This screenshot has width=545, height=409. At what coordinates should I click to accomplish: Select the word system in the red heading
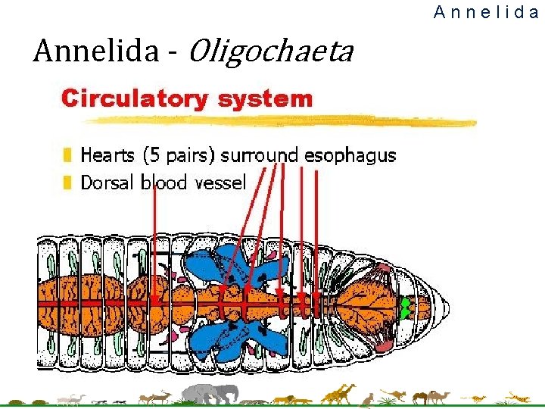click(x=264, y=98)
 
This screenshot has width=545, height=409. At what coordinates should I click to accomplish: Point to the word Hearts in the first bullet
click(x=108, y=156)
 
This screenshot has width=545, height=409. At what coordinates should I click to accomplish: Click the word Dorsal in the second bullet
click(x=107, y=183)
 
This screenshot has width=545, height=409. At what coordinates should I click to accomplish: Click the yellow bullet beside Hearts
click(x=68, y=156)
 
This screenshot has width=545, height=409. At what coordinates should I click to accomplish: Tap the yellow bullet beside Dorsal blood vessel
click(x=68, y=183)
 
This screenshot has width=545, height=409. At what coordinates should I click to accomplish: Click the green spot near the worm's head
click(x=406, y=308)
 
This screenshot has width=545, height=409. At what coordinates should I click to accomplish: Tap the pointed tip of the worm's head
click(x=448, y=307)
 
